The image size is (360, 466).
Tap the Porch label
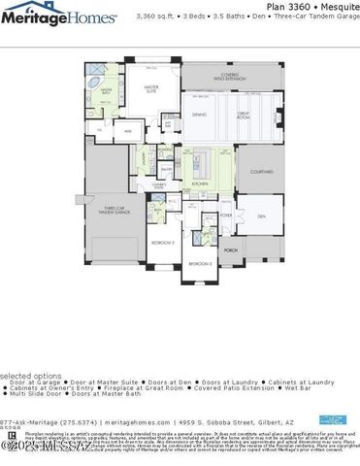click(x=231, y=250)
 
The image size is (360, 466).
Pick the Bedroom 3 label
click(x=199, y=263)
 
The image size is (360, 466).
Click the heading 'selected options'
click(x=28, y=376)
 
